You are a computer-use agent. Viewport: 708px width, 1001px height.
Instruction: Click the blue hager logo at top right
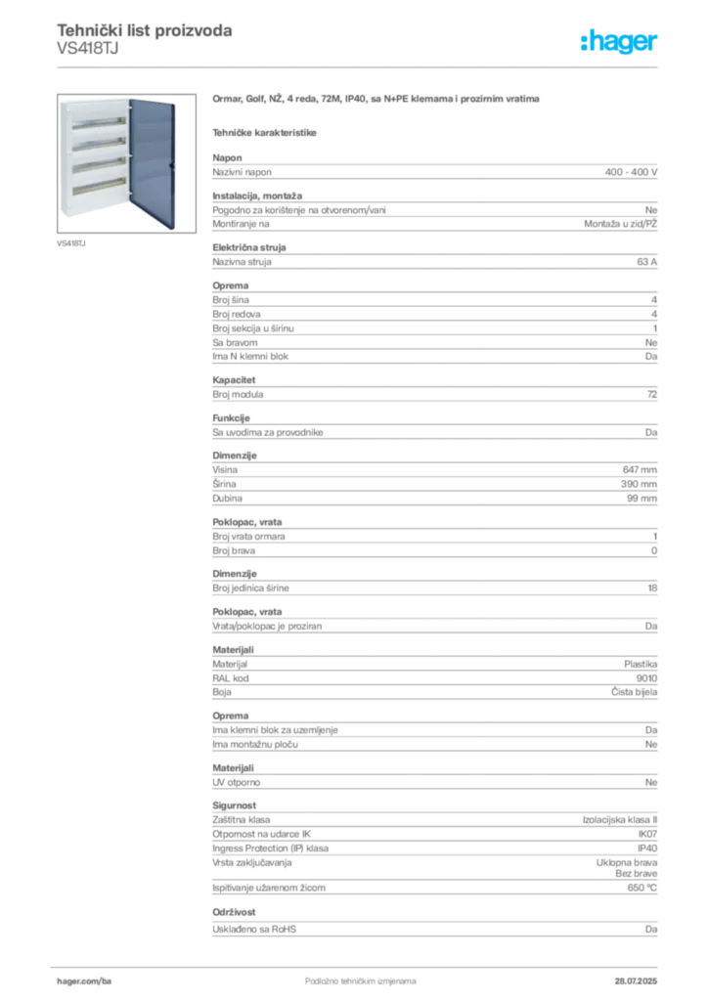pos(620,42)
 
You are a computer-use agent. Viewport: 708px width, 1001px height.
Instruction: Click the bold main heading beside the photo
pos(376,101)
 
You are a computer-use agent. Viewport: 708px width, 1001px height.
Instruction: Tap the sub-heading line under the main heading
pos(266,130)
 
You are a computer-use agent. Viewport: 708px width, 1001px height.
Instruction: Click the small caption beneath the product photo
pos(66,239)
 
